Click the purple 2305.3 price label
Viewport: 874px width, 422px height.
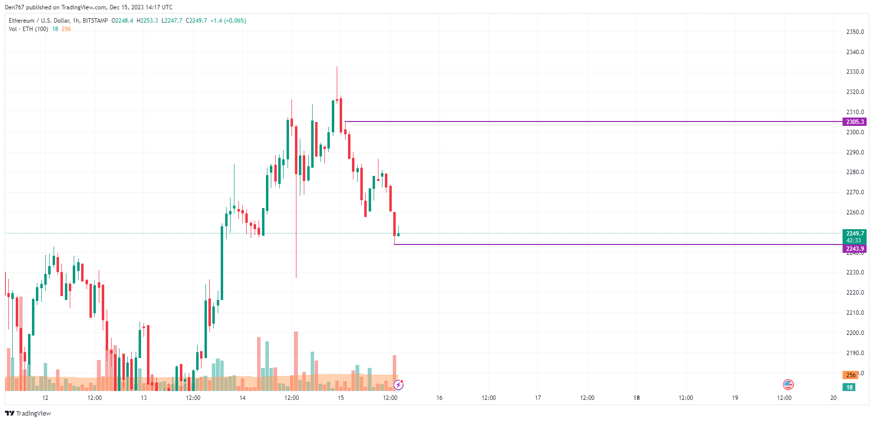tap(854, 122)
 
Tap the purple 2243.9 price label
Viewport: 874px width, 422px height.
tap(854, 249)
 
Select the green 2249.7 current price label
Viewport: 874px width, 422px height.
tap(854, 234)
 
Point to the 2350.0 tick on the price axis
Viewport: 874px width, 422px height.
tap(855, 32)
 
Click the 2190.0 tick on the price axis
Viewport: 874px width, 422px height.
tap(855, 353)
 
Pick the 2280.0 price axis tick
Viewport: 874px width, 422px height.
tap(855, 172)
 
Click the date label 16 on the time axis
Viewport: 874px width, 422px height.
tap(439, 398)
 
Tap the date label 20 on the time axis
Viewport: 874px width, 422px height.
tap(833, 398)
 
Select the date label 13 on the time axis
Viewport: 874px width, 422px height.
tap(144, 398)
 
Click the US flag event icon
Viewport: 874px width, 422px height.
tap(788, 385)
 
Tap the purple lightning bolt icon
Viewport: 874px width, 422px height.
tap(398, 385)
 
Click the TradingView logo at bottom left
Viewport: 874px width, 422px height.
tap(28, 413)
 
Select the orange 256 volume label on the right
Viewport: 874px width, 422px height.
tap(850, 375)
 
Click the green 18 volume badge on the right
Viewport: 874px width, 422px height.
tap(849, 388)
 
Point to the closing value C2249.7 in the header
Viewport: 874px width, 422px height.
tap(196, 21)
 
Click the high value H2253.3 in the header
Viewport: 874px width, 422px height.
tap(147, 21)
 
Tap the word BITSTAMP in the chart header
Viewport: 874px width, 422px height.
tap(95, 21)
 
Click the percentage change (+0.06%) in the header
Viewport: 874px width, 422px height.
tap(235, 21)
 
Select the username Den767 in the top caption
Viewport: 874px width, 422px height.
tap(15, 7)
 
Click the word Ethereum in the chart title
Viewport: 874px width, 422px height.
tap(22, 21)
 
